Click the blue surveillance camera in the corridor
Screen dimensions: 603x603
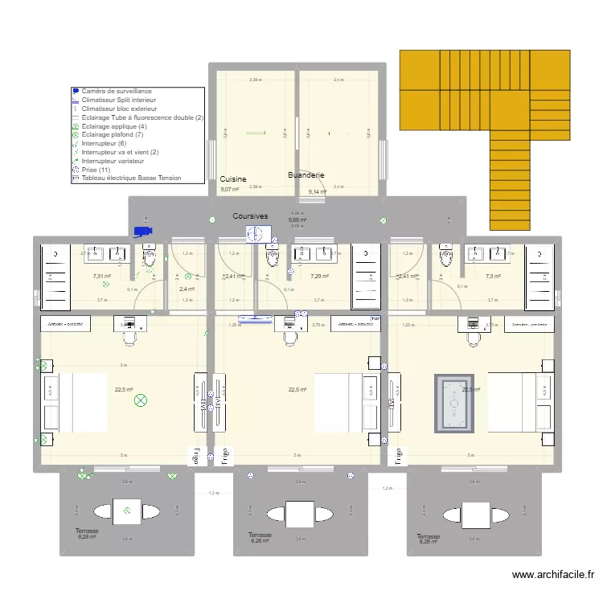pos(143,232)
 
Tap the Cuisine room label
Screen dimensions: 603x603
pos(232,179)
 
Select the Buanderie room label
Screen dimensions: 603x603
pos(306,174)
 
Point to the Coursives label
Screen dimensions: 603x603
pos(250,216)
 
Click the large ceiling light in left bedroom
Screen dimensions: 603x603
pos(142,400)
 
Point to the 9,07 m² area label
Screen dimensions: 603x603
pos(229,190)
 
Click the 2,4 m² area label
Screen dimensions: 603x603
pos(187,289)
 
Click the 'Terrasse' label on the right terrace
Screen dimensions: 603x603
pos(429,536)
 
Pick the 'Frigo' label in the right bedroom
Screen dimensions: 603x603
pos(397,455)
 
